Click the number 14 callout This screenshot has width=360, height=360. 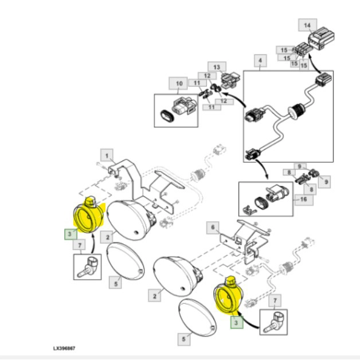tap(307, 25)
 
